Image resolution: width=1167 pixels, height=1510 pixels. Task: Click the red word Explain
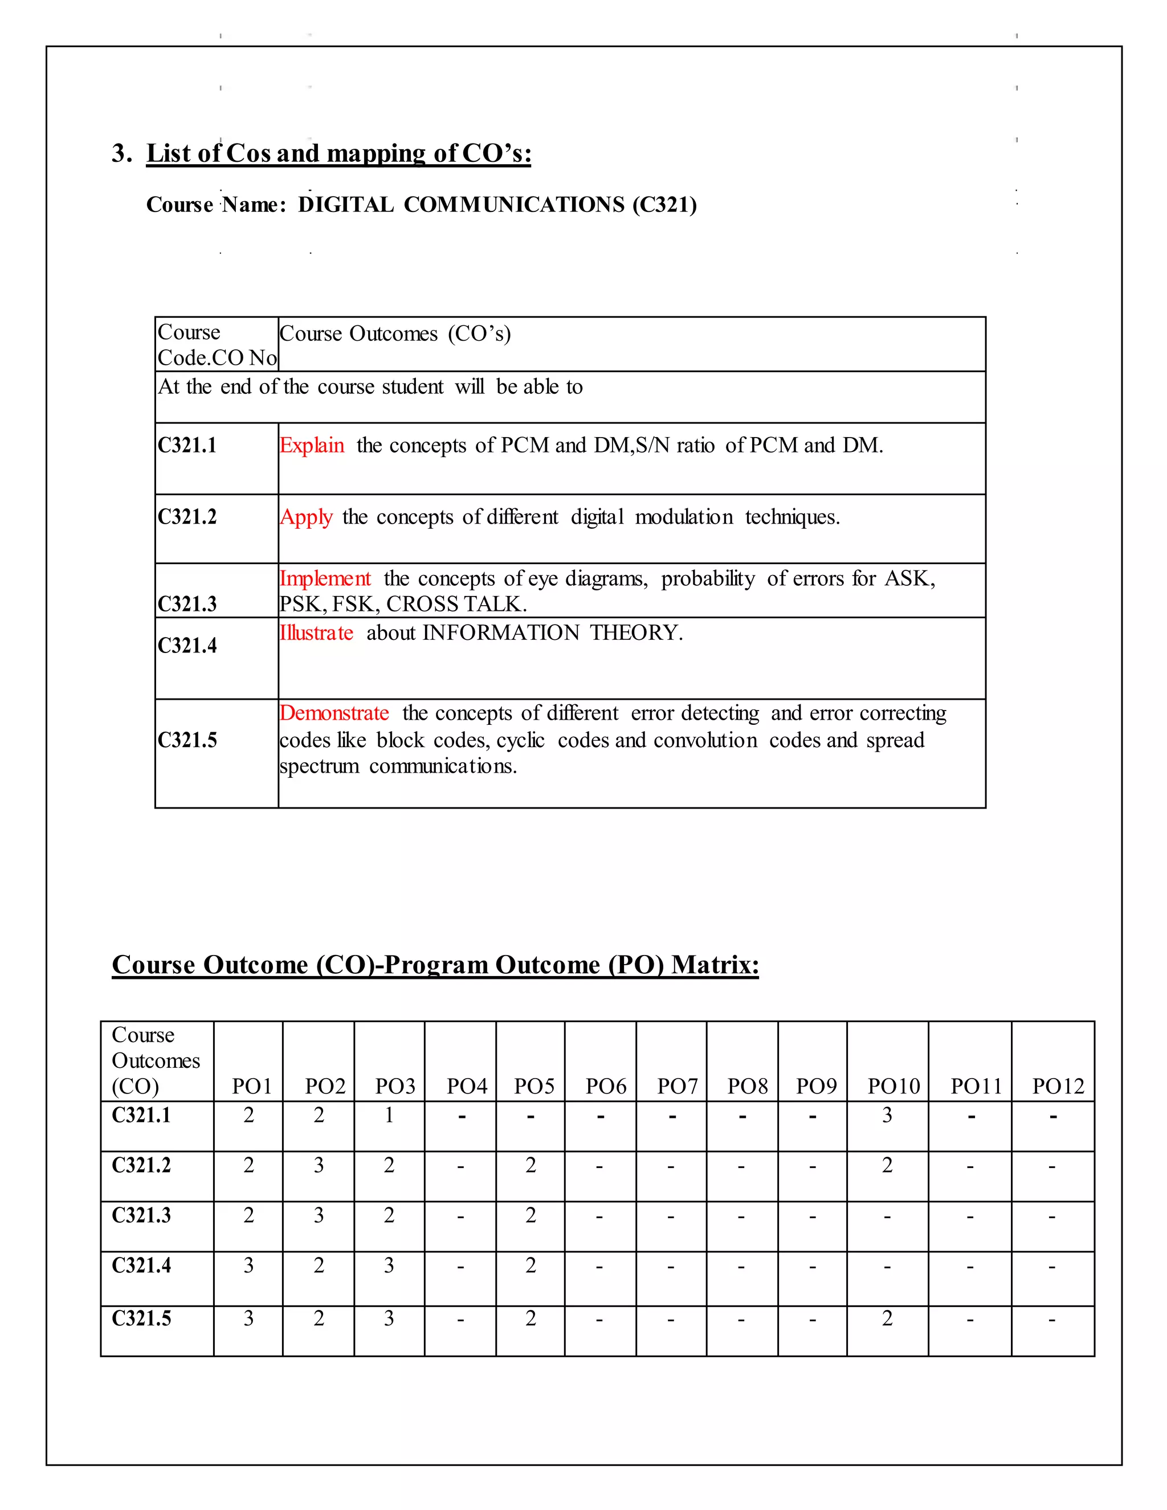pyautogui.click(x=312, y=445)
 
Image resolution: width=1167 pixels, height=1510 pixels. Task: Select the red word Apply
pyautogui.click(x=306, y=517)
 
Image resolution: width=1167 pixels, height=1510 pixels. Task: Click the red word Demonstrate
pyautogui.click(x=334, y=713)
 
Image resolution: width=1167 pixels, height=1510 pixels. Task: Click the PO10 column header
pyautogui.click(x=894, y=1086)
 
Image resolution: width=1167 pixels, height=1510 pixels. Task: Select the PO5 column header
pyautogui.click(x=534, y=1086)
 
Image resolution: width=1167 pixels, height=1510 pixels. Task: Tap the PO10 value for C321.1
pyautogui.click(x=887, y=1115)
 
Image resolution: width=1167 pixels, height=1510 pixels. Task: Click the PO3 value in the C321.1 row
pyautogui.click(x=389, y=1115)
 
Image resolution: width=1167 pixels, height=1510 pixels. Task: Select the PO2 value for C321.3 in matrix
pyautogui.click(x=319, y=1215)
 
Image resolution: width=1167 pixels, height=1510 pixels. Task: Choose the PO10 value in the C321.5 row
pyautogui.click(x=887, y=1319)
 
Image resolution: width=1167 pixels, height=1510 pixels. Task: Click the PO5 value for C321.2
pyautogui.click(x=531, y=1165)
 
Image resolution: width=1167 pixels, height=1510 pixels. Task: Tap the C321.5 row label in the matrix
pyautogui.click(x=142, y=1319)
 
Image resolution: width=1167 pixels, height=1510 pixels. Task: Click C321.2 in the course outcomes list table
pyautogui.click(x=187, y=517)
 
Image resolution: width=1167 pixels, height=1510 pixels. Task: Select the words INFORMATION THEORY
pyautogui.click(x=552, y=632)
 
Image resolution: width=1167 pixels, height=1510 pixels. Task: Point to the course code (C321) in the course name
pyautogui.click(x=664, y=205)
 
